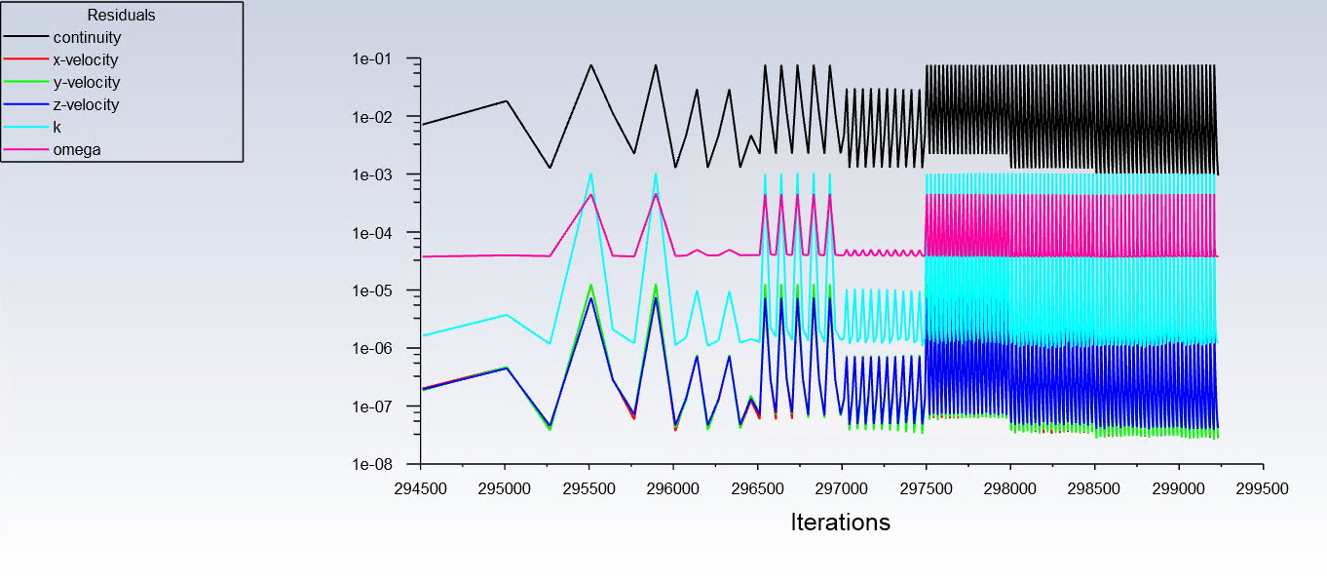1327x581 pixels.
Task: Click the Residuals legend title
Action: [x=121, y=16]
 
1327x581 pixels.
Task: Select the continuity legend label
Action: [x=87, y=38]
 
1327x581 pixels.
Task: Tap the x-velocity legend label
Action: [x=86, y=60]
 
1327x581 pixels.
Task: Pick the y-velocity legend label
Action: [x=86, y=83]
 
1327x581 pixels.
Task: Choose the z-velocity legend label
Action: [x=86, y=105]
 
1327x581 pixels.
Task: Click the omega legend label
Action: [x=77, y=150]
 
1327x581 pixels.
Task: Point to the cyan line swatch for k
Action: [x=26, y=128]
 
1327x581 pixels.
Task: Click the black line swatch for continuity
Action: [x=26, y=38]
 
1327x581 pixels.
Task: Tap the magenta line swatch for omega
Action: [x=26, y=150]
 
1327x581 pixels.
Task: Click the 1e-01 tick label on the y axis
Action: [x=371, y=59]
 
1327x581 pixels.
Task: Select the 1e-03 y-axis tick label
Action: [x=371, y=175]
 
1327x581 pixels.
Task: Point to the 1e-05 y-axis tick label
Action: [x=371, y=291]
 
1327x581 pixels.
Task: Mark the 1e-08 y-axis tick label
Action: [x=371, y=465]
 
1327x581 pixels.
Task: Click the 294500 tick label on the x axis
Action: [x=420, y=484]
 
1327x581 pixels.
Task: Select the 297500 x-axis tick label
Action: [x=926, y=484]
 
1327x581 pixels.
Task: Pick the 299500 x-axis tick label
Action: [x=1263, y=484]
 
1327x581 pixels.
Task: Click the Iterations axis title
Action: [x=841, y=523]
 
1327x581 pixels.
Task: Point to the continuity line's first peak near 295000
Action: [x=506, y=101]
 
